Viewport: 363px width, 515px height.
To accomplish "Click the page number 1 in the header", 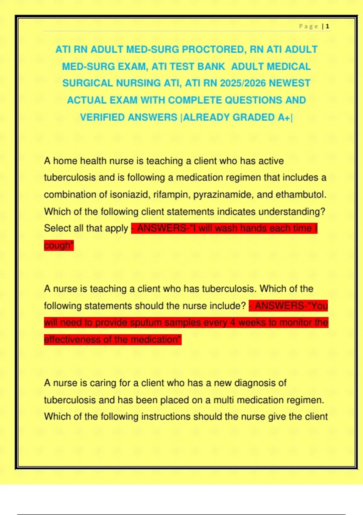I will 328,26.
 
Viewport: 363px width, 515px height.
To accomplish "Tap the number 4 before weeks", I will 233,323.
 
